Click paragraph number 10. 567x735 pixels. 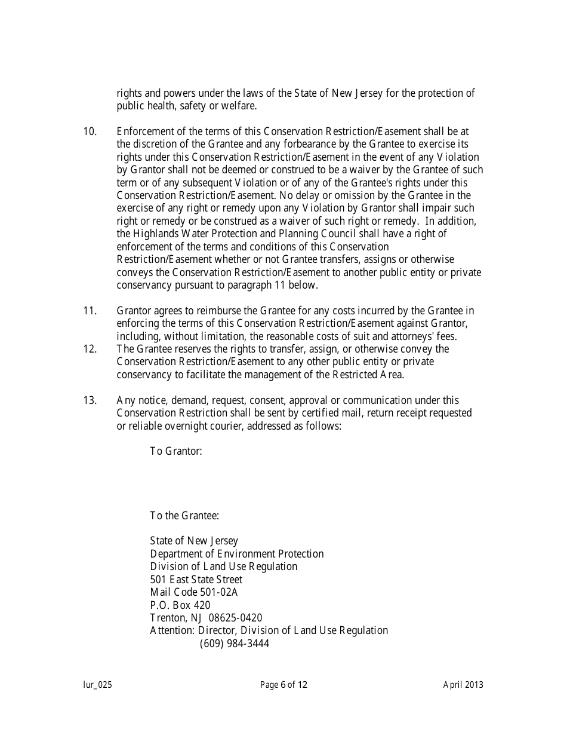[x=90, y=131]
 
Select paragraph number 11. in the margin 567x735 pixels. [x=90, y=311]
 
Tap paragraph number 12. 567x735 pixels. [x=90, y=349]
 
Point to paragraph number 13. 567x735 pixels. [x=90, y=400]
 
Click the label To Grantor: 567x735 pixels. [x=176, y=451]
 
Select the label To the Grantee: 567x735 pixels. [x=184, y=516]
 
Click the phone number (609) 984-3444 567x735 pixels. [x=235, y=644]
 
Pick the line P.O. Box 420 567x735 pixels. [x=180, y=605]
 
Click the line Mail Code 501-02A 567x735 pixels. [x=194, y=592]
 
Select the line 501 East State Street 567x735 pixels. [x=196, y=580]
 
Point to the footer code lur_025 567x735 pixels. [x=97, y=685]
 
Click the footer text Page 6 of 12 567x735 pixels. [x=283, y=685]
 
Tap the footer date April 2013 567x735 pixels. [x=463, y=685]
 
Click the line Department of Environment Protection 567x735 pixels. [x=237, y=554]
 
